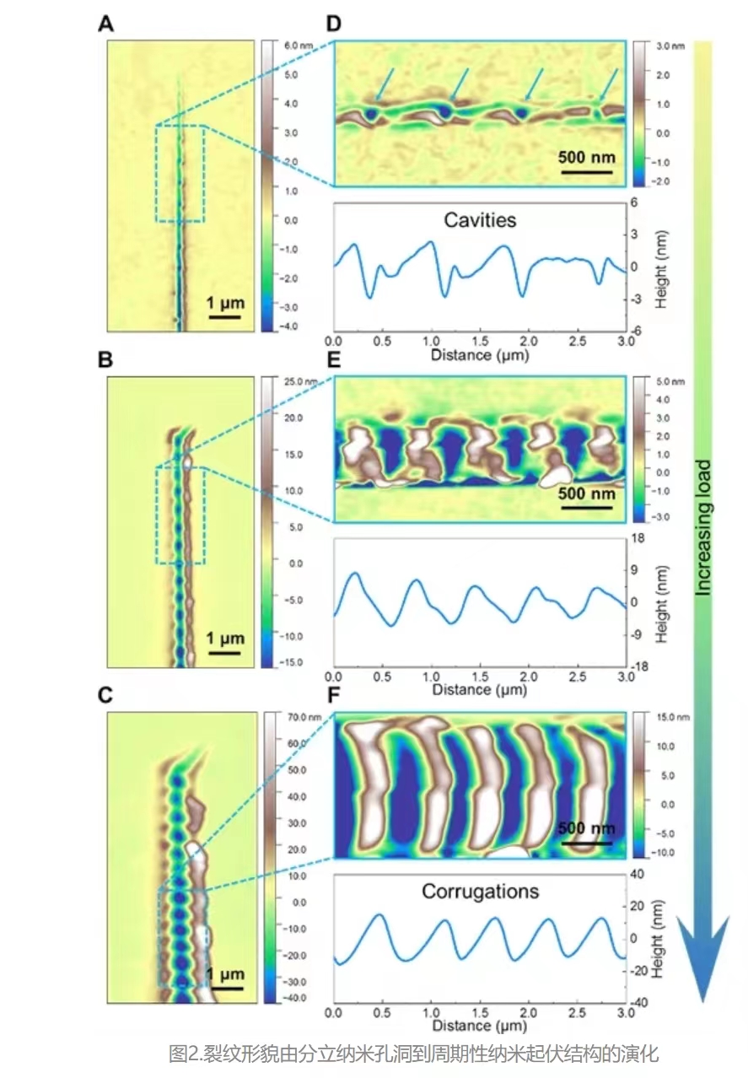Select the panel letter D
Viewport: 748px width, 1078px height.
pos(333,24)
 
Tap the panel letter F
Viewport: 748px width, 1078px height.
pos(333,698)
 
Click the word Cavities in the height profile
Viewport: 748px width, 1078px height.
pos(479,221)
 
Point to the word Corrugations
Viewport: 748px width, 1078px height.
pos(480,891)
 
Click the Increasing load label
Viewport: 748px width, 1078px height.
pos(702,527)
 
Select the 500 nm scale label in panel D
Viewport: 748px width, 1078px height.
pos(588,157)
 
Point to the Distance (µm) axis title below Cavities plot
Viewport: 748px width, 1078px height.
pos(479,354)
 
